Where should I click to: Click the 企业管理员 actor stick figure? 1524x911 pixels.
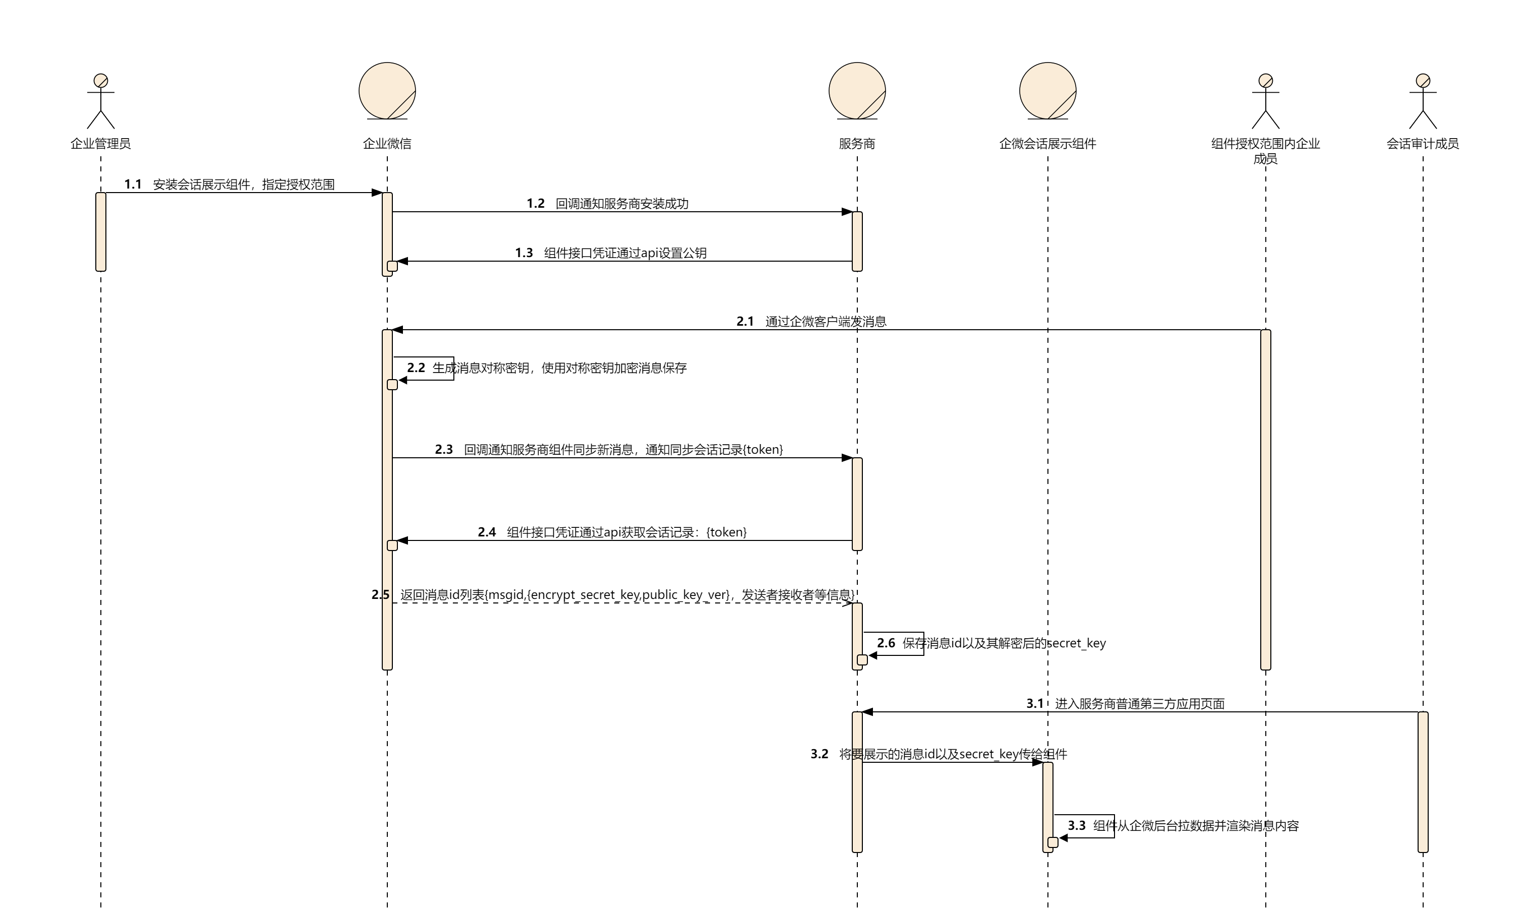point(101,101)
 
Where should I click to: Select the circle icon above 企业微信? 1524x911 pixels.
point(387,91)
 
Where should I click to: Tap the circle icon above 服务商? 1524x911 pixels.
point(857,91)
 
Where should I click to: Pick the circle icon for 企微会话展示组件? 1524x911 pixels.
point(1047,91)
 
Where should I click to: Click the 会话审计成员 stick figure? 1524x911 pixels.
point(1423,101)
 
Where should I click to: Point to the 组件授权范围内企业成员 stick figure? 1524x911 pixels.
point(1265,101)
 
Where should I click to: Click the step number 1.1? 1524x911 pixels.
point(133,184)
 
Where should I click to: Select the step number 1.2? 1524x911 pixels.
point(536,203)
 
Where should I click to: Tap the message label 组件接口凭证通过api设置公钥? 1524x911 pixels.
point(625,253)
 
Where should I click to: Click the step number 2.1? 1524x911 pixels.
point(745,321)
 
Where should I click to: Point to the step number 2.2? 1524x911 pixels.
point(416,368)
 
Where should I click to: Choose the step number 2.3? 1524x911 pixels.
point(443,449)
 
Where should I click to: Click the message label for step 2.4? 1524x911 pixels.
point(626,532)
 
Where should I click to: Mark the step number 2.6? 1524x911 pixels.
point(886,643)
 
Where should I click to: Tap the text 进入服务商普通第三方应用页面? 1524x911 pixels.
point(1140,703)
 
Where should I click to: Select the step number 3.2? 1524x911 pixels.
point(819,754)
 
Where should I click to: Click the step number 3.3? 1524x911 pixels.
point(1076,826)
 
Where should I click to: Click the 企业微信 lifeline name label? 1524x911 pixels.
point(387,144)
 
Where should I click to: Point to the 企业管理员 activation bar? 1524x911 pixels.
point(101,231)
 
